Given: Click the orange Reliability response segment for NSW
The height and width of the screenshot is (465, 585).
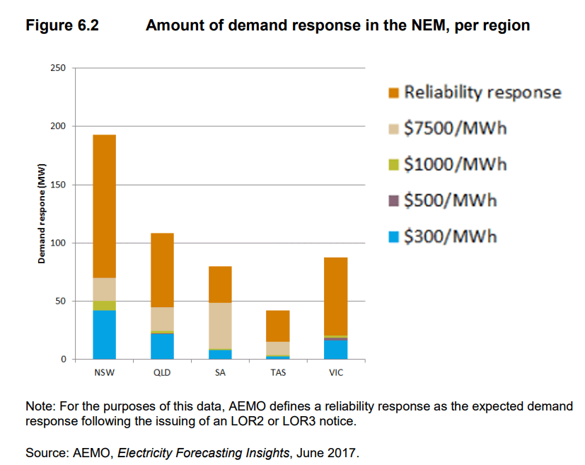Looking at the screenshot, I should [x=104, y=206].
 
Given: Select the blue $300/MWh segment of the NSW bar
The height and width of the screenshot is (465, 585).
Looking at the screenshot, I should [x=104, y=335].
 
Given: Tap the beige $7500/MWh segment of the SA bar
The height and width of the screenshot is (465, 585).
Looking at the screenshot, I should [x=220, y=326].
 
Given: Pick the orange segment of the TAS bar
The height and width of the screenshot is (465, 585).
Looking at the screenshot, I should [x=278, y=326].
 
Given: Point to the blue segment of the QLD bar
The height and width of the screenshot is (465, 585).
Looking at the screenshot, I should [x=162, y=346].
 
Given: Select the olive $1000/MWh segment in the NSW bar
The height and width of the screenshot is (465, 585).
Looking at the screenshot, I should [x=104, y=306].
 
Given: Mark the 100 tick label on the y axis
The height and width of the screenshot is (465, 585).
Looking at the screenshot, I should [x=57, y=243].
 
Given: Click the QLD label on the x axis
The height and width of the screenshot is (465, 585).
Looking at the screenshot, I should [x=162, y=373].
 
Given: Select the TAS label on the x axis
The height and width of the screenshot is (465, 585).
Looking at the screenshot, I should [x=278, y=373].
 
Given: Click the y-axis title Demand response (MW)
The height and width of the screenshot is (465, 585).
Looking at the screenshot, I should [x=42, y=214].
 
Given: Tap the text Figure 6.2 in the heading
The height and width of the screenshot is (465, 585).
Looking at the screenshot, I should [x=62, y=26].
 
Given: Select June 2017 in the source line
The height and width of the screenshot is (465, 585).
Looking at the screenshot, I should [x=335, y=452].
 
